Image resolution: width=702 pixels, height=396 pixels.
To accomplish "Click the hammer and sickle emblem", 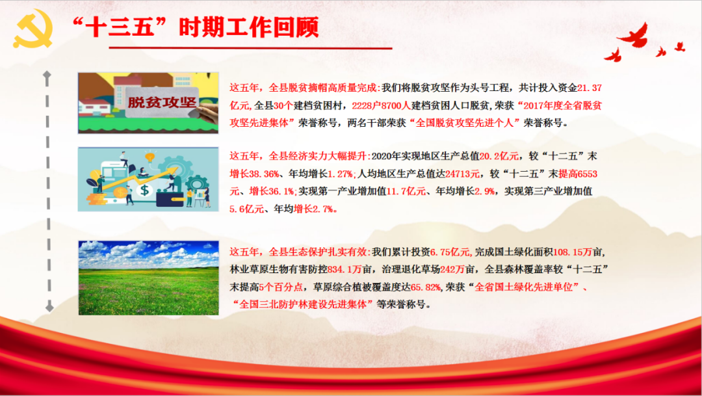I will pyautogui.click(x=32, y=32).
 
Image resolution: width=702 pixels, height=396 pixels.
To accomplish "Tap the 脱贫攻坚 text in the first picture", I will pyautogui.click(x=162, y=102).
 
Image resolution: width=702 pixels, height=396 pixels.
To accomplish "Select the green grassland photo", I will pyautogui.click(x=148, y=278).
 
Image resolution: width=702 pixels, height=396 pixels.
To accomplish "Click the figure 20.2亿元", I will pyautogui.click(x=500, y=157).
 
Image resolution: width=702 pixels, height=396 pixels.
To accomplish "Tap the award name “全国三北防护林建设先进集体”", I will pyautogui.click(x=302, y=304).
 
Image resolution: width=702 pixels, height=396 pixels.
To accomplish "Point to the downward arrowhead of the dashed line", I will pyautogui.click(x=47, y=306).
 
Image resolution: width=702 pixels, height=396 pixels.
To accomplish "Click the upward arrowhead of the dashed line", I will pyautogui.click(x=47, y=75).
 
